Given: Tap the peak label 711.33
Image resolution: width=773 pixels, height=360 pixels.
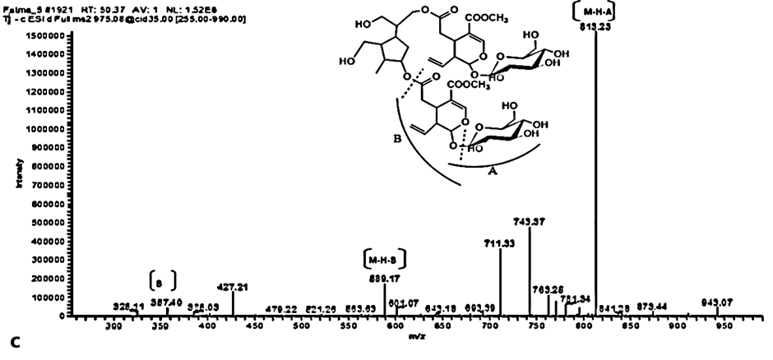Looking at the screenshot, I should coord(500,242).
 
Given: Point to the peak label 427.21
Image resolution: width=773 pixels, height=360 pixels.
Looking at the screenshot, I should coord(233,287).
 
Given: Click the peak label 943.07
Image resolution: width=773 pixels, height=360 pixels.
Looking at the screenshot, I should coord(717,302).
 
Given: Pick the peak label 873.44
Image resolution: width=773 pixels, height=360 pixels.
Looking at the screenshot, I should coord(651,305).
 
